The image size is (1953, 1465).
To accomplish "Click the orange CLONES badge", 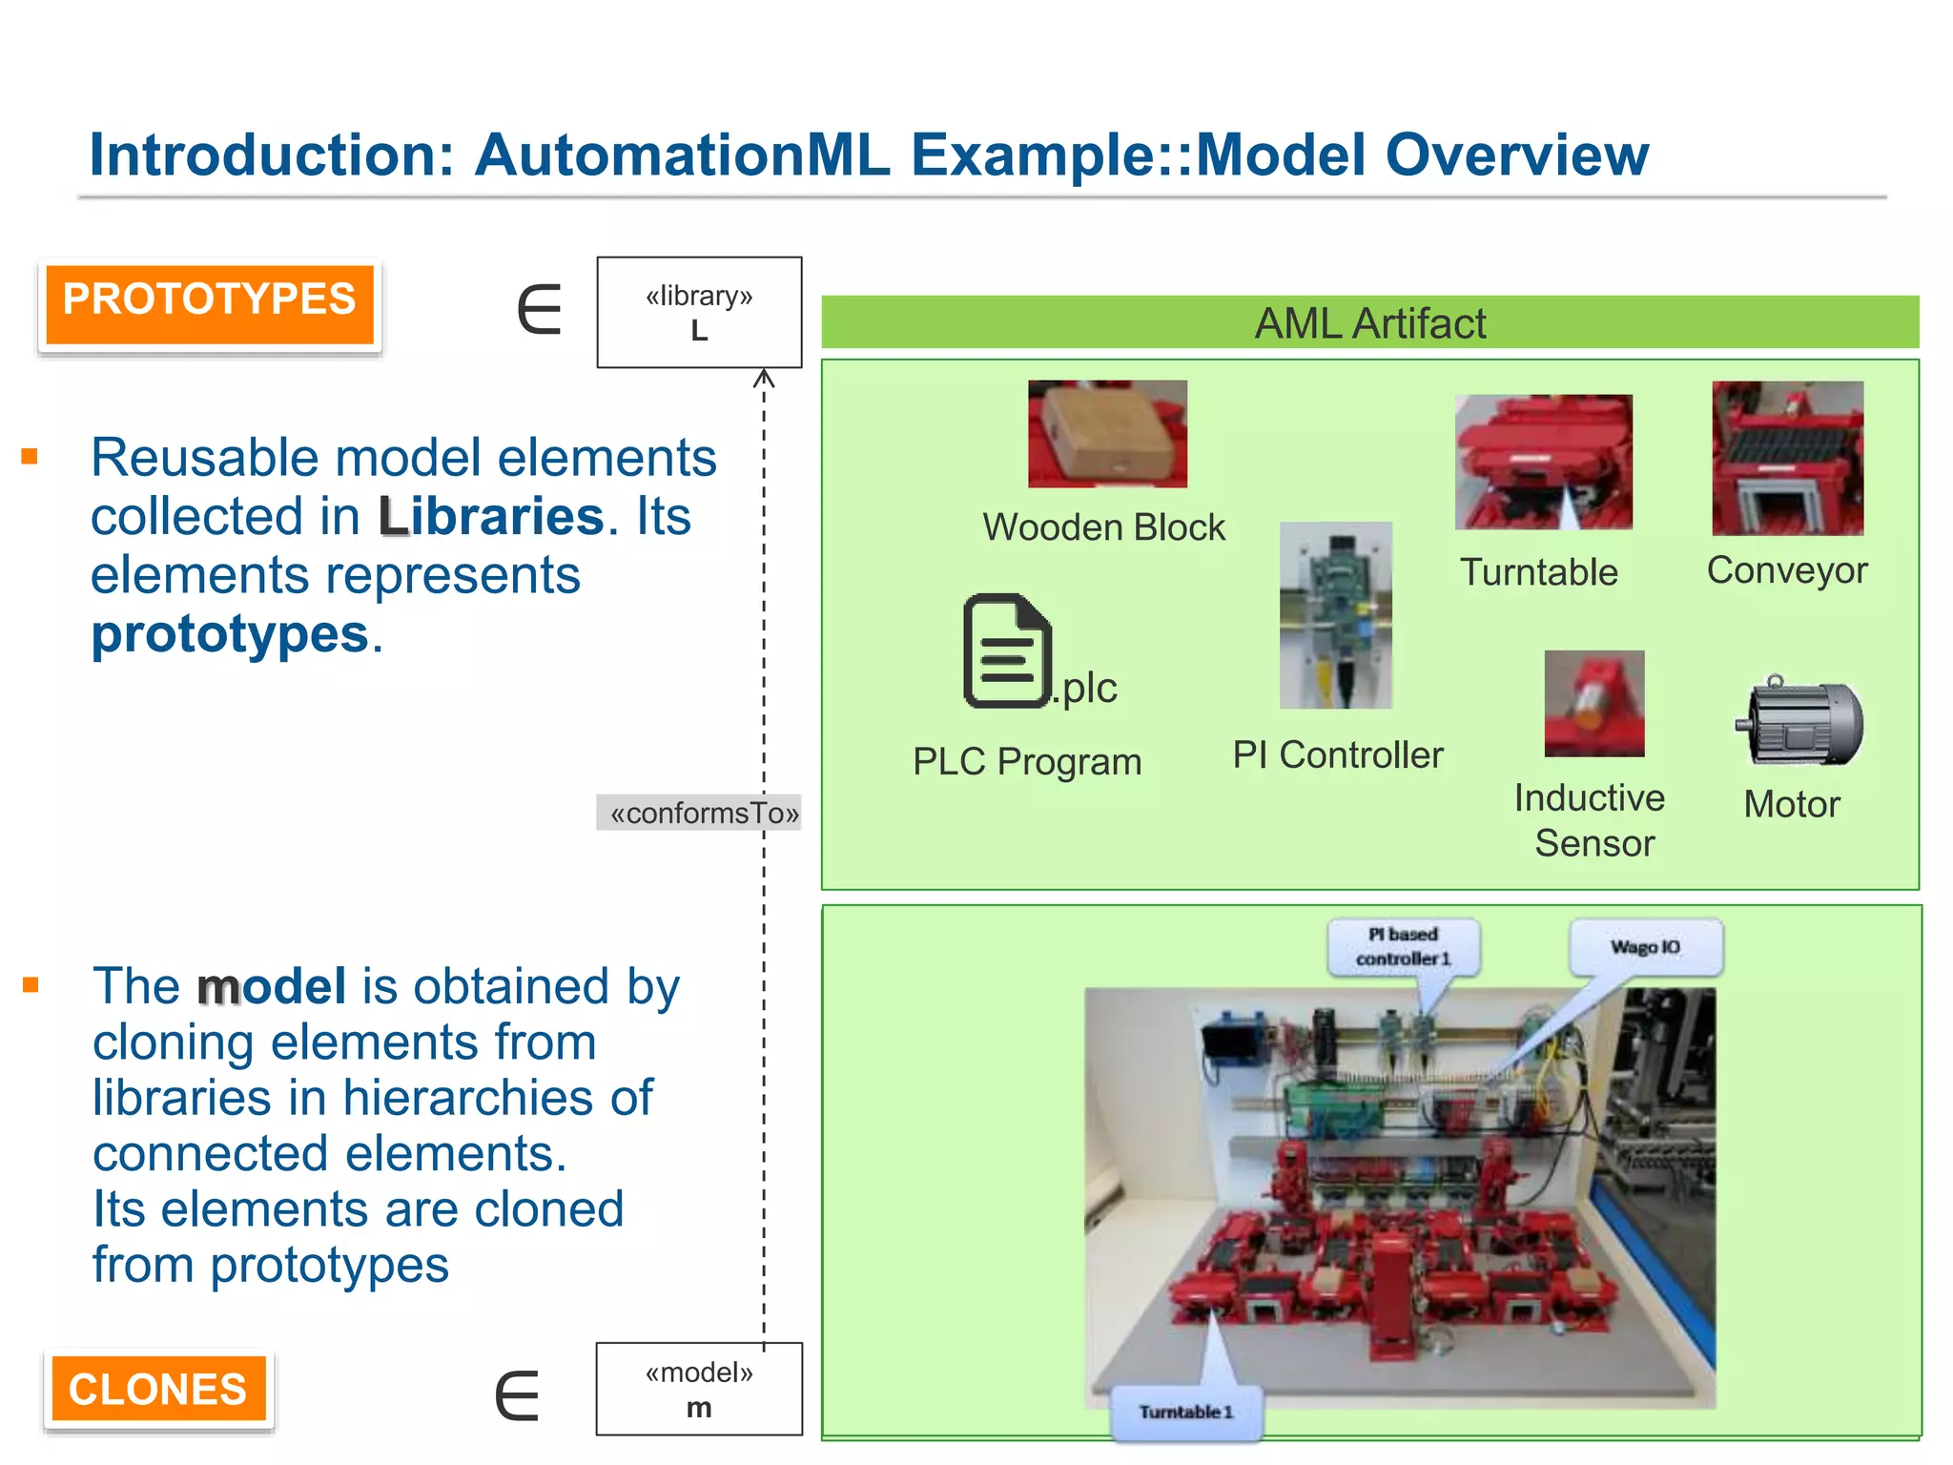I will click(x=158, y=1389).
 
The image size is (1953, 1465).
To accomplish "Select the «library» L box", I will click(x=699, y=312).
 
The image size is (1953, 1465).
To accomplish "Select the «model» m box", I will click(x=699, y=1389).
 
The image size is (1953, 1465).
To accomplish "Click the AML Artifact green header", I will click(x=1369, y=322).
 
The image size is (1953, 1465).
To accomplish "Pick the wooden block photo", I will click(x=1107, y=434).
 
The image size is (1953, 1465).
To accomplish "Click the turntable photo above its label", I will click(x=1543, y=462).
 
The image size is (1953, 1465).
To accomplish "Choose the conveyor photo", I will click(x=1787, y=458).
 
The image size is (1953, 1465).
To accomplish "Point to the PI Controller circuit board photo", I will click(x=1335, y=615).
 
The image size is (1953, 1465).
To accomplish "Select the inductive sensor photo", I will click(x=1593, y=703).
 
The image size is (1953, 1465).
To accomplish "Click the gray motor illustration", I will click(x=1799, y=722).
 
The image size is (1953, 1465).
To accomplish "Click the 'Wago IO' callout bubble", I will click(x=1646, y=947).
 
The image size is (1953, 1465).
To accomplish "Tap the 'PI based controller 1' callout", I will click(x=1403, y=946).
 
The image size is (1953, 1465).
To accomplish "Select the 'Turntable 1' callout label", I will click(x=1186, y=1412).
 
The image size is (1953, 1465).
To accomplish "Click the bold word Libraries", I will click(x=491, y=516).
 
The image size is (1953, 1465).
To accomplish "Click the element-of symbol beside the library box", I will click(x=540, y=309).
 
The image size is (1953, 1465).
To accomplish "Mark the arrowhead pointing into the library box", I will click(x=764, y=379).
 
